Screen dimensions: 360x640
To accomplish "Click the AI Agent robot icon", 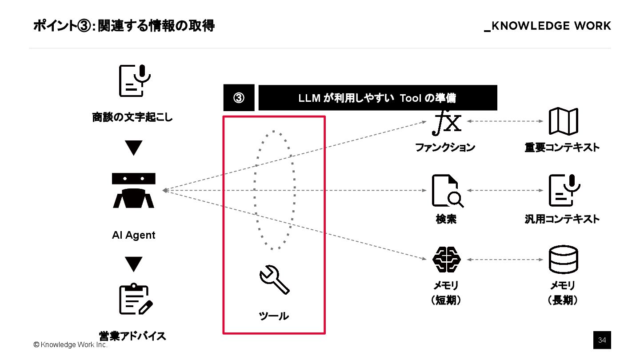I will pyautogui.click(x=133, y=191).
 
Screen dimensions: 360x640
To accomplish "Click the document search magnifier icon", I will pyautogui.click(x=447, y=191).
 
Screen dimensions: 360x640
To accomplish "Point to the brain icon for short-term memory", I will pyautogui.click(x=447, y=259).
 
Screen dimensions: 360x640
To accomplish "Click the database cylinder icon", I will pyautogui.click(x=563, y=260).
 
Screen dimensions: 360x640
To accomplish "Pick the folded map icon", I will pyautogui.click(x=563, y=121).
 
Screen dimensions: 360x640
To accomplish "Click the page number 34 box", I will pyautogui.click(x=602, y=340).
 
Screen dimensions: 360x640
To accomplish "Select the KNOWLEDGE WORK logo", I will pyautogui.click(x=548, y=26).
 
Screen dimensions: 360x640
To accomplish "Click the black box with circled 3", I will pyautogui.click(x=239, y=98).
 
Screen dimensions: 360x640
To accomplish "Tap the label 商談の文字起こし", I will pyautogui.click(x=132, y=118).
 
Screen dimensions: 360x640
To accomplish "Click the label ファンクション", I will pyautogui.click(x=445, y=148).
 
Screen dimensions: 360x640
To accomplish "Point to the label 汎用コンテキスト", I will pyautogui.click(x=562, y=219).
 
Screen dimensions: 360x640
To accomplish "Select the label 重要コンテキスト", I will pyautogui.click(x=562, y=148).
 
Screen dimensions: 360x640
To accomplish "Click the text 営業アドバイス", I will pyautogui.click(x=132, y=336).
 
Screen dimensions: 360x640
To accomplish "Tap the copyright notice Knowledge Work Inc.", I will pyautogui.click(x=70, y=344).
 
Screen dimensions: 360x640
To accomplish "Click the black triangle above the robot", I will pyautogui.click(x=133, y=148).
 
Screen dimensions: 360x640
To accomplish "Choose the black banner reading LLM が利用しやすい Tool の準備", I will pyautogui.click(x=377, y=98).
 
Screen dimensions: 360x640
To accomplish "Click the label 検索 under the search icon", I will pyautogui.click(x=446, y=219).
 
